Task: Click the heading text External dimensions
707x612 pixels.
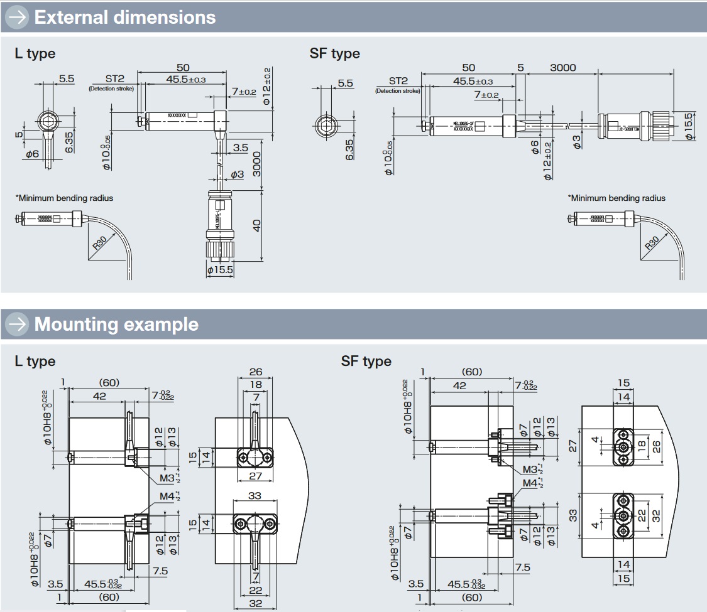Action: (124, 17)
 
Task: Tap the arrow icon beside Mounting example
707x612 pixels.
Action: (17, 324)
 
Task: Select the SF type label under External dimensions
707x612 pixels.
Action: (334, 53)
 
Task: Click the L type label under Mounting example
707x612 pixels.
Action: (35, 361)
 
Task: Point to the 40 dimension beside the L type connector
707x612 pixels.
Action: (257, 225)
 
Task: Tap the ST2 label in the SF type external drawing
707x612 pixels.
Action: (398, 81)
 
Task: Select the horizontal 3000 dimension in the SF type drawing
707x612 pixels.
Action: (562, 68)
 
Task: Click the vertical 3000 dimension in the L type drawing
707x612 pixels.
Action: (256, 163)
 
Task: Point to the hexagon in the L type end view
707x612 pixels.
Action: (46, 120)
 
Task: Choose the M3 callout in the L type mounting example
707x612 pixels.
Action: (166, 478)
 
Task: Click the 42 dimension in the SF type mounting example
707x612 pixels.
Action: (459, 385)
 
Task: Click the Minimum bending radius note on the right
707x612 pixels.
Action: (617, 198)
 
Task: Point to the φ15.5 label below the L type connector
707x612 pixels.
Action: (220, 269)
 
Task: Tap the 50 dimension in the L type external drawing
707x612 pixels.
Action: (183, 68)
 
